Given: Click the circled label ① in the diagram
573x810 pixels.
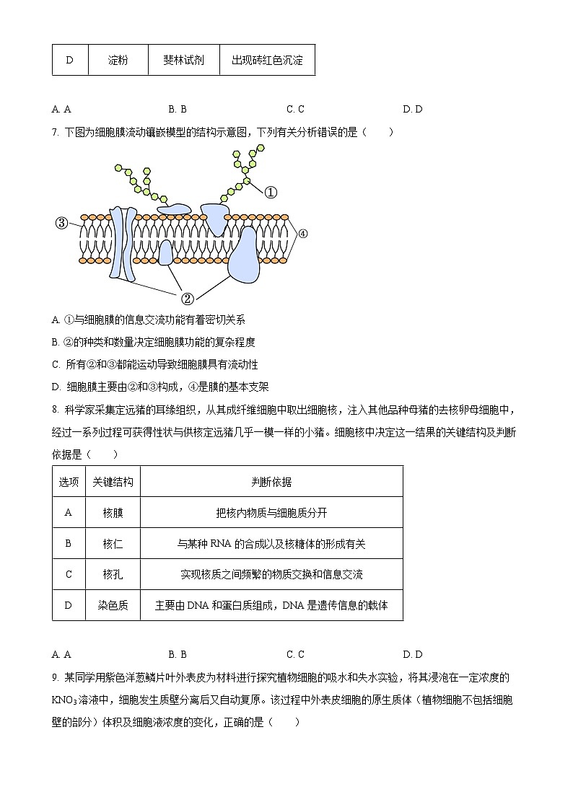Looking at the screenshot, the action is tap(270, 192).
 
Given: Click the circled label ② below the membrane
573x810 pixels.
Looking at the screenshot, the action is tap(186, 297).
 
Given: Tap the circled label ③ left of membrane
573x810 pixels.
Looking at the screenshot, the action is tap(61, 224).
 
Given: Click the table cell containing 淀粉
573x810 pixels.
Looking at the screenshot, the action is tap(118, 60).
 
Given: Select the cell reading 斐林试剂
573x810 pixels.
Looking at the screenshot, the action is tap(183, 60).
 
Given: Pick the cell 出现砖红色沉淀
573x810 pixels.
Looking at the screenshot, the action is tap(267, 60).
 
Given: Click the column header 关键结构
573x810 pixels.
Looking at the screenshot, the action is tap(113, 482).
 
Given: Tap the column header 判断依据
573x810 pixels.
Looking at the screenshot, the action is tap(271, 482).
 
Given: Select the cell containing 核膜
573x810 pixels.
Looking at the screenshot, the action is tap(113, 513).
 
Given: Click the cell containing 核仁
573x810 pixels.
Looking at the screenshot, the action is tap(113, 544).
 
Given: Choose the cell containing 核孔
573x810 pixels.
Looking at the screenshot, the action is tap(113, 575).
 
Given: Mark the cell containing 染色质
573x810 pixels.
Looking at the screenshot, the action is tap(113, 606).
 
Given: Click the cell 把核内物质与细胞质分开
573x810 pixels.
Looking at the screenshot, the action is tap(271, 513).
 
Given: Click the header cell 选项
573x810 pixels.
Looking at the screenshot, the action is tap(69, 482).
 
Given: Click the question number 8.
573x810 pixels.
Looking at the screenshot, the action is tap(55, 410).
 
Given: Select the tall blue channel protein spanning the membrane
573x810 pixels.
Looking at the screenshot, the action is tap(121, 243).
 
